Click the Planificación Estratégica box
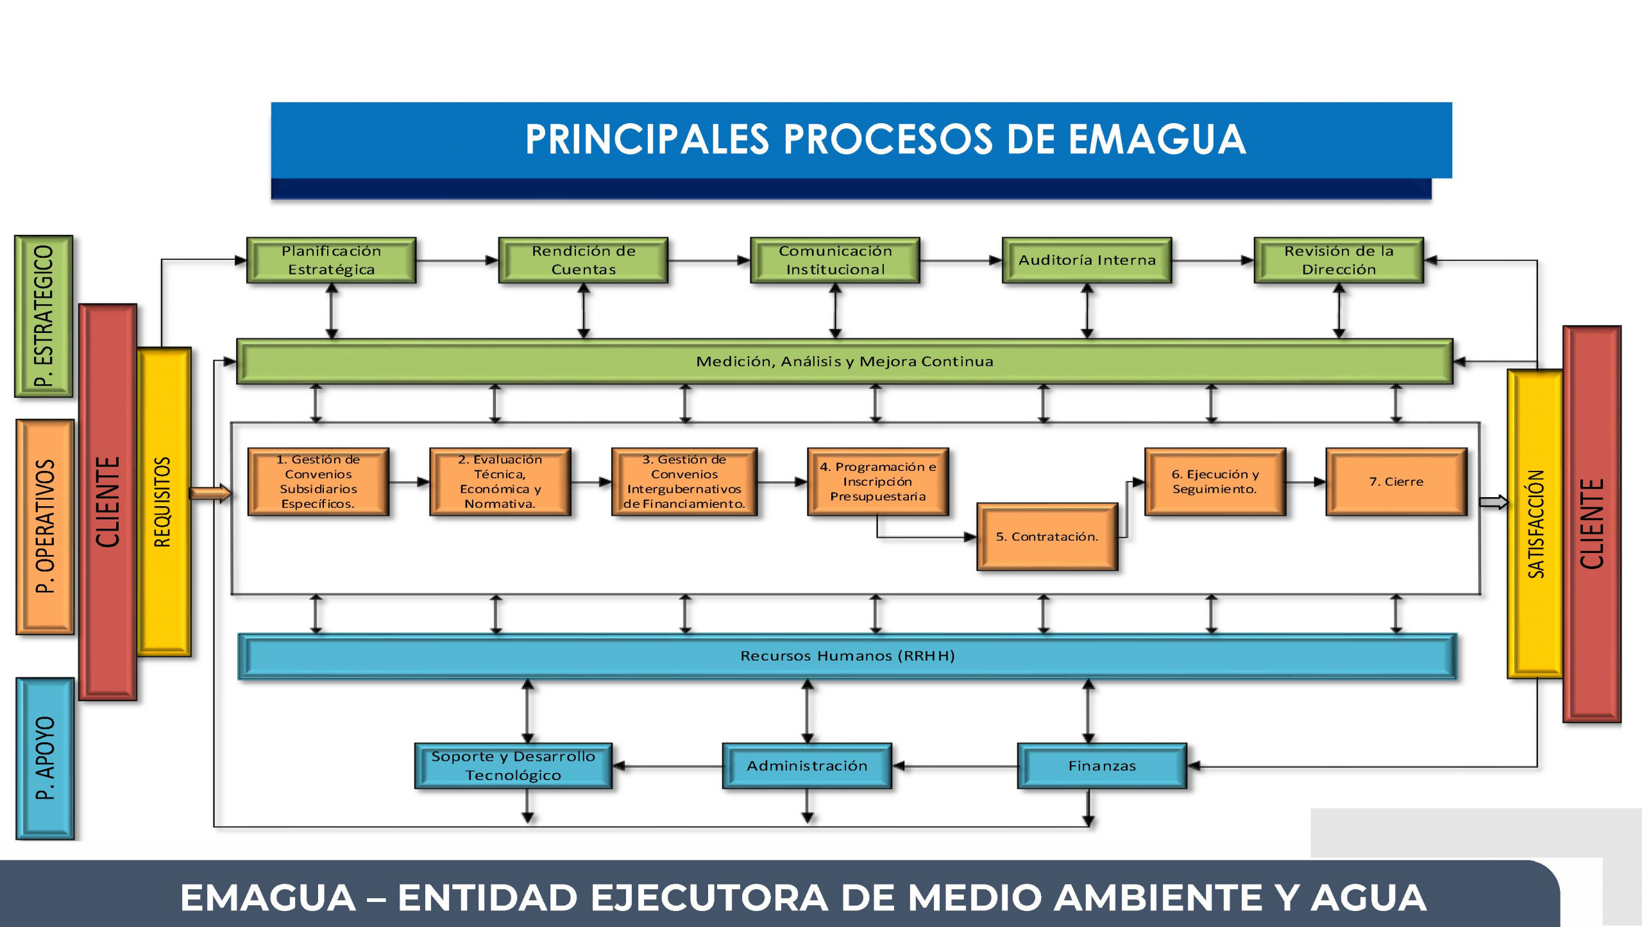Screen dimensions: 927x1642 point(331,260)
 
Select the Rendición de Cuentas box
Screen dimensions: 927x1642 point(583,260)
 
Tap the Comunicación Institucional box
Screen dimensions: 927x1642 point(835,260)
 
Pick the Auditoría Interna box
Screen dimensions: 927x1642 point(1087,260)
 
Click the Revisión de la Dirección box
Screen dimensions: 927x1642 point(1339,260)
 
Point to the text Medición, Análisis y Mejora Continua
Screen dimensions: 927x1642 point(844,362)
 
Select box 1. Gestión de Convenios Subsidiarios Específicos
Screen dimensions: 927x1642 point(318,482)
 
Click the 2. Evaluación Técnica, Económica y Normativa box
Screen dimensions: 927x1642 point(500,482)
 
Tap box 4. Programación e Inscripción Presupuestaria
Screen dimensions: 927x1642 point(877,482)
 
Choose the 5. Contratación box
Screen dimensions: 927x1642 point(1047,537)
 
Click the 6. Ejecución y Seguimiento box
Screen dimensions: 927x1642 point(1215,482)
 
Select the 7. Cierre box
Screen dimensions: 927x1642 point(1396,482)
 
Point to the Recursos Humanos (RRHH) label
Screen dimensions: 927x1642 point(847,656)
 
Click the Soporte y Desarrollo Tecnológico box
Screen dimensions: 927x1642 point(513,766)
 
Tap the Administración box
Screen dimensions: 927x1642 point(807,766)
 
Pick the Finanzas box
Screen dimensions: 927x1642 point(1102,766)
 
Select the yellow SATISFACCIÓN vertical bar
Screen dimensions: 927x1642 point(1535,523)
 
